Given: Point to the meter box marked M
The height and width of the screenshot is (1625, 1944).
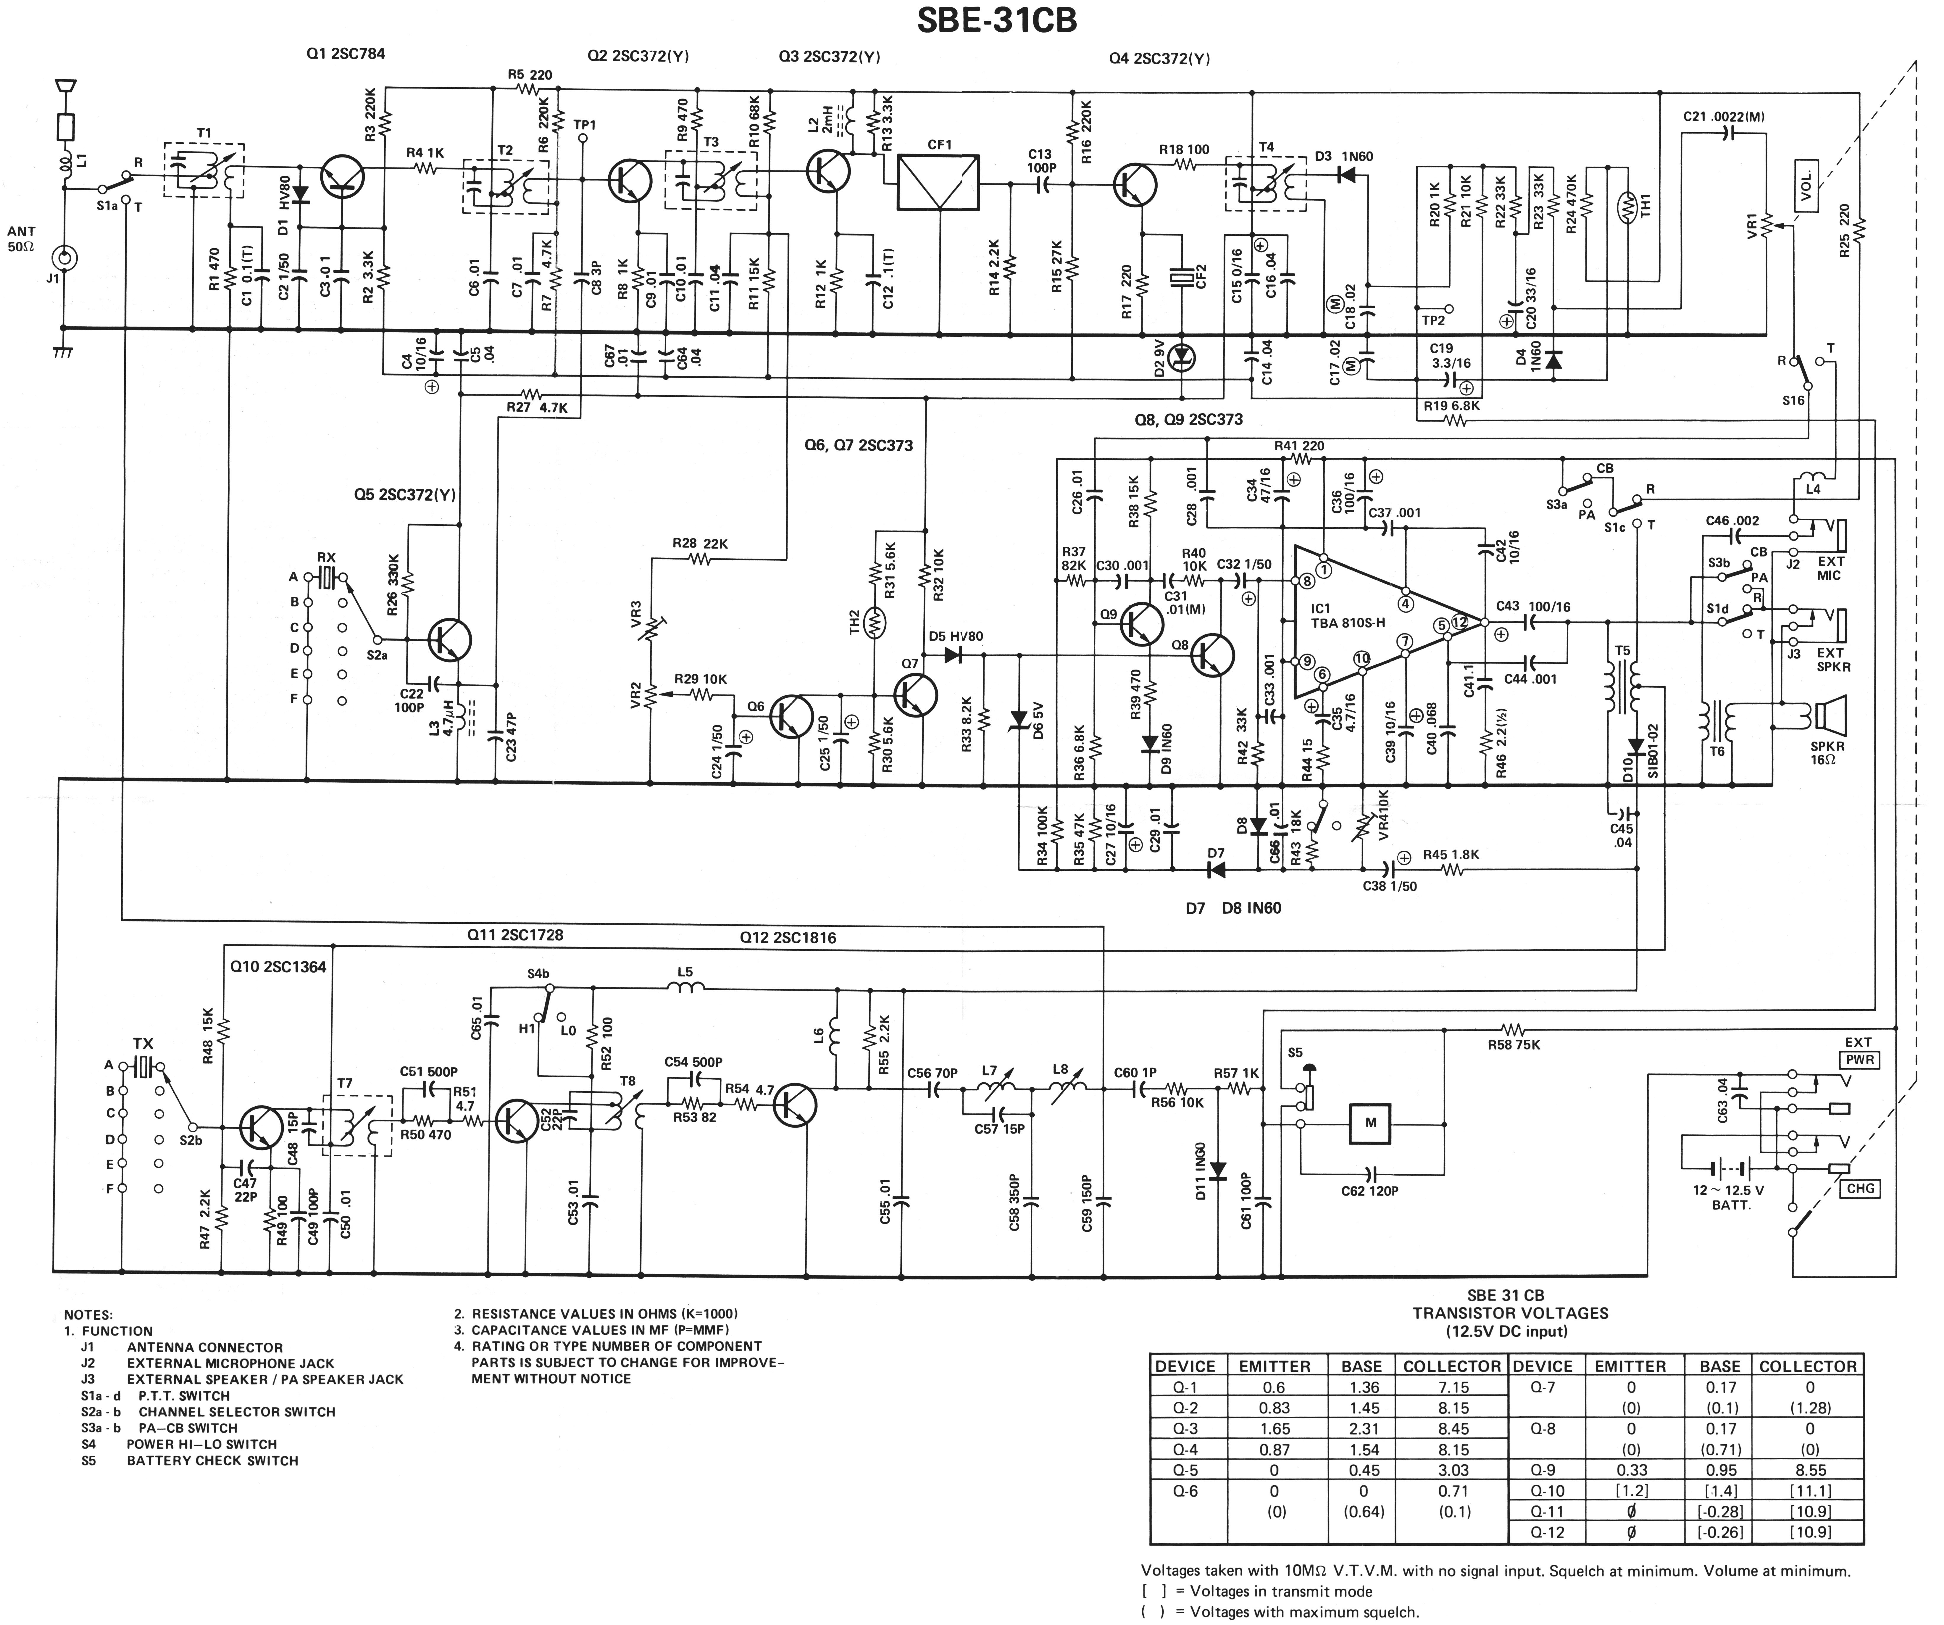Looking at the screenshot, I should (1371, 1122).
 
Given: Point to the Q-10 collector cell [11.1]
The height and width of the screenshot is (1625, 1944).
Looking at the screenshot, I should (1808, 1491).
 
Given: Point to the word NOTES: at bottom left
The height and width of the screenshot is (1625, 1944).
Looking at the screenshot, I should (88, 1315).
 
